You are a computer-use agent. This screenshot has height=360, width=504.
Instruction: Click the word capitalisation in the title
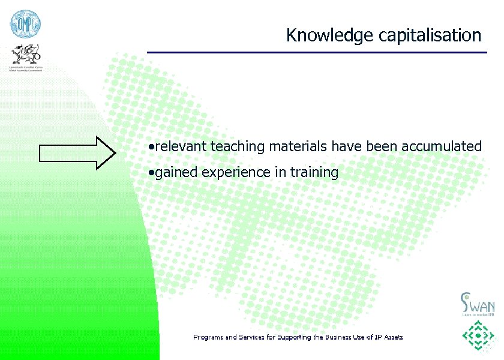click(x=430, y=35)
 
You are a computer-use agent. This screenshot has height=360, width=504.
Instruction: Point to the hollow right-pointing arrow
click(x=77, y=150)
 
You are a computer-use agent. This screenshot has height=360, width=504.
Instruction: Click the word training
click(x=314, y=173)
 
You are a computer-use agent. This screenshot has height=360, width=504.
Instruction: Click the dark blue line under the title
click(x=317, y=52)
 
